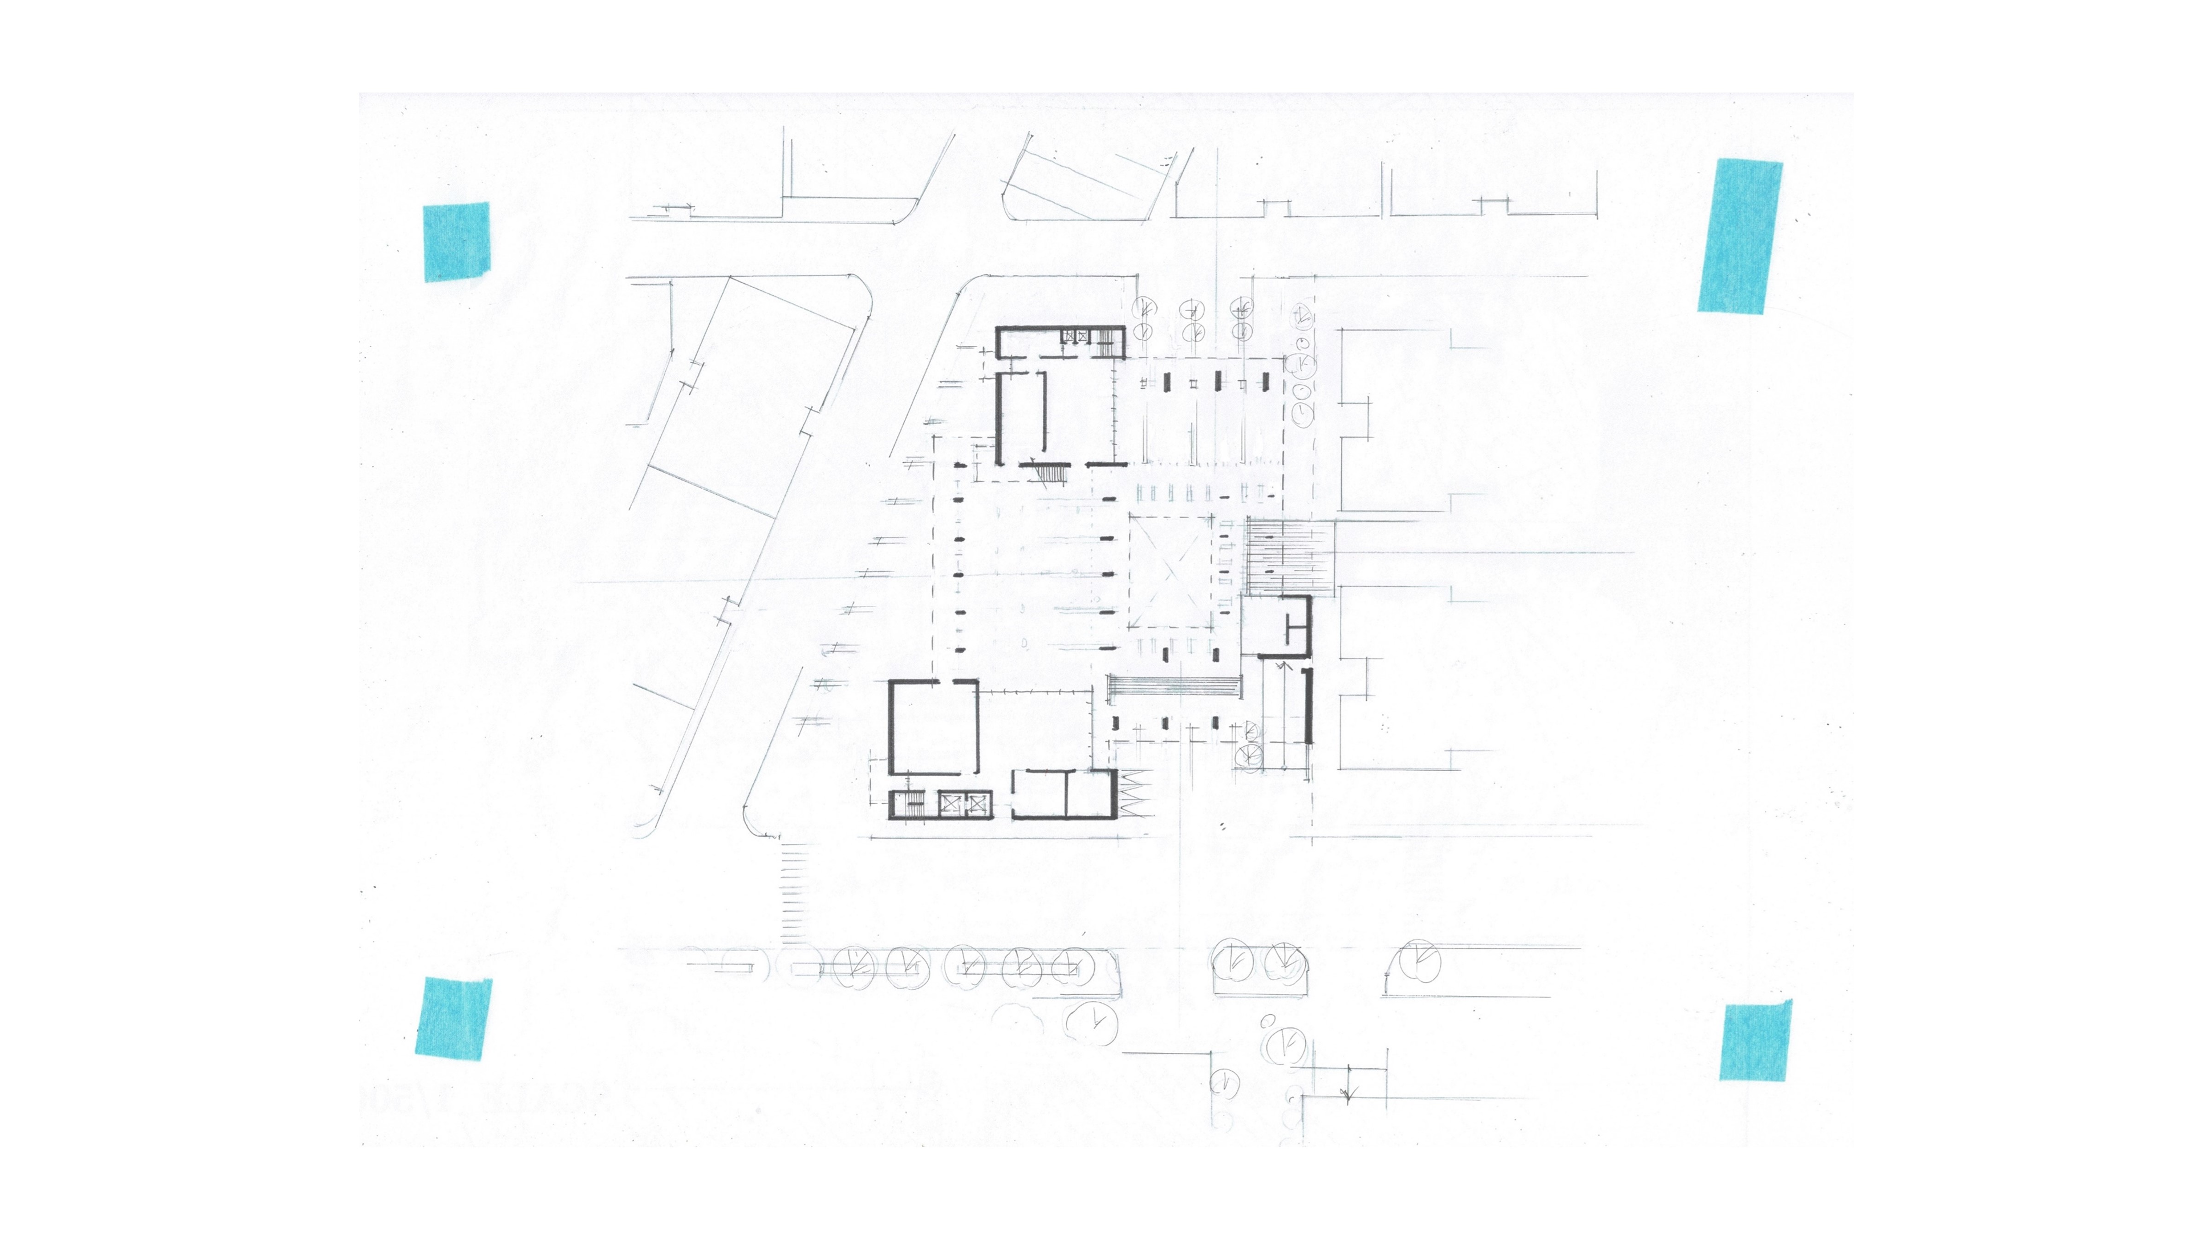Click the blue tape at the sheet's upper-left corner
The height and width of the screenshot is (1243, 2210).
tap(456, 242)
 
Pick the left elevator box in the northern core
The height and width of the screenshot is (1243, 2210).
tap(1070, 336)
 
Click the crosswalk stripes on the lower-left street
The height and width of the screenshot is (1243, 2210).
tap(794, 892)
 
